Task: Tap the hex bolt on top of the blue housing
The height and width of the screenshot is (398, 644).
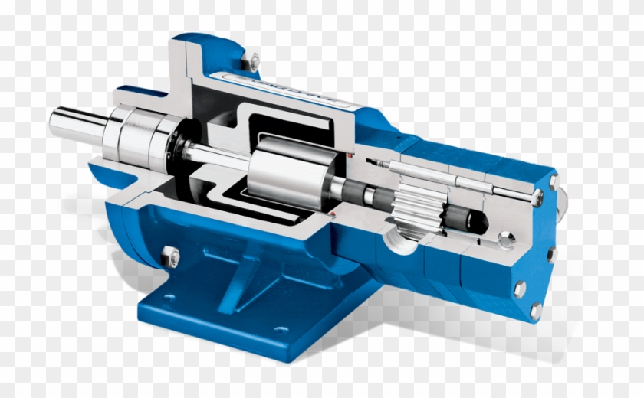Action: point(254,58)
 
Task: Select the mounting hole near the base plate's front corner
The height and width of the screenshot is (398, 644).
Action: point(281,331)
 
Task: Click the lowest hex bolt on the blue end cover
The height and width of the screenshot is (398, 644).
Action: point(535,310)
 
